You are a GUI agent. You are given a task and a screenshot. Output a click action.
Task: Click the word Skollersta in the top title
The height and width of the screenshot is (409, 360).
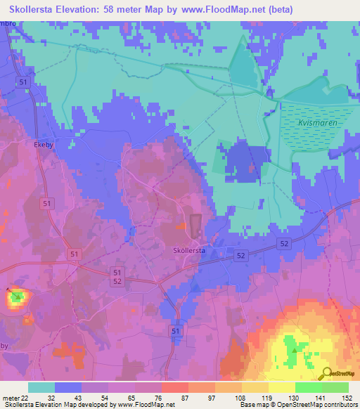(36, 10)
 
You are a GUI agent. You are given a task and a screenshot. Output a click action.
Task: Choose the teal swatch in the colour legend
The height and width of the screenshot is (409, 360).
(41, 387)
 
